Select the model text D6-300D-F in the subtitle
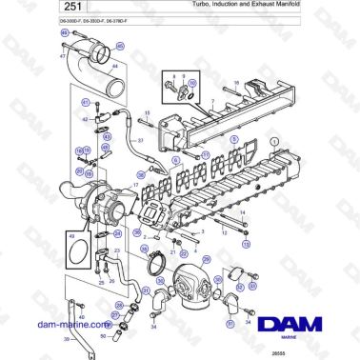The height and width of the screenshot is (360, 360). tap(35, 22)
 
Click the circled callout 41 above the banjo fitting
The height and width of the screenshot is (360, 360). tap(84, 102)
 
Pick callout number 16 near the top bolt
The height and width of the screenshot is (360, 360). tap(235, 83)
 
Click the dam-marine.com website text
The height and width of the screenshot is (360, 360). tap(74, 323)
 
